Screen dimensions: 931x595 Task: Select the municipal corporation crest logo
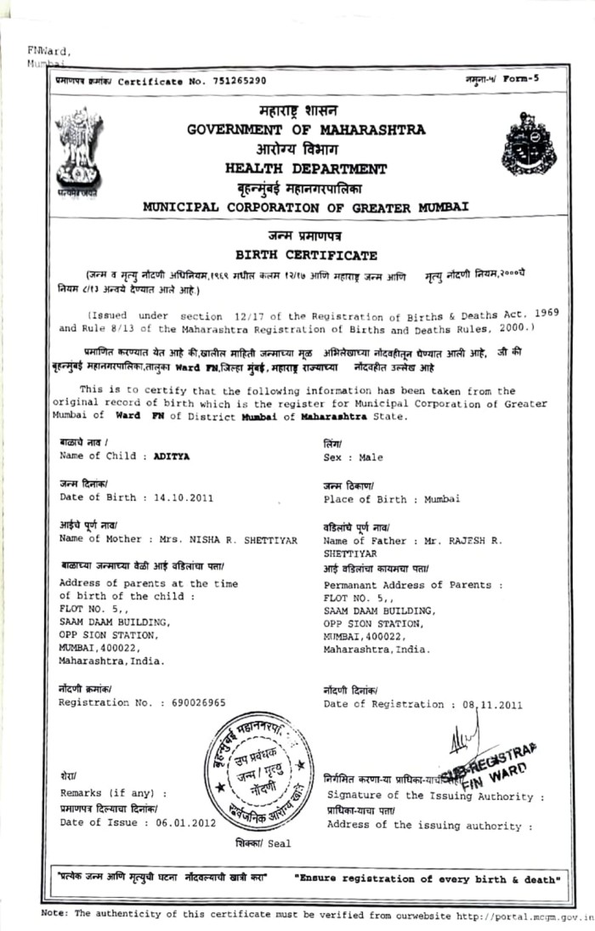click(x=528, y=145)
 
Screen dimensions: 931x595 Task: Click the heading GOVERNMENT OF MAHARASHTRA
click(x=307, y=130)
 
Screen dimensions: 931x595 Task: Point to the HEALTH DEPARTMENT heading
click(x=306, y=168)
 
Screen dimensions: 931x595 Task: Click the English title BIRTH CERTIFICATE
click(x=306, y=254)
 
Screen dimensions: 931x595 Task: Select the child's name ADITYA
click(x=172, y=457)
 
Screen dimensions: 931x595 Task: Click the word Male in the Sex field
click(x=370, y=457)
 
